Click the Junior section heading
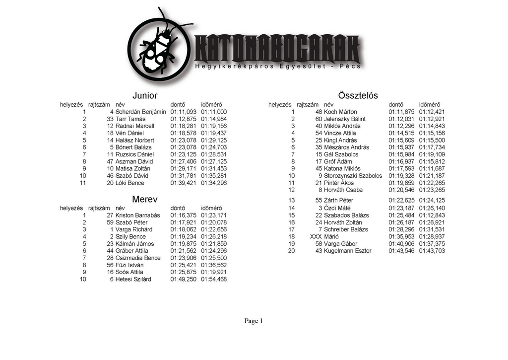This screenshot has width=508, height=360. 145,95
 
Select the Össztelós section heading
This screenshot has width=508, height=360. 358,95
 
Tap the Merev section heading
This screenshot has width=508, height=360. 145,200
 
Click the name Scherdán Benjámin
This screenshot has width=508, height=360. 140,112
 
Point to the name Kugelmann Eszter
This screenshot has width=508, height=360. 347,251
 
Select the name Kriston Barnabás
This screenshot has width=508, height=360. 137,216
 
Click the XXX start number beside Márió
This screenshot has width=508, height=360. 316,237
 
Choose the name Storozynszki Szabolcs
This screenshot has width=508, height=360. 353,176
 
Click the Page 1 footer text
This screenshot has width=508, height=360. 254,321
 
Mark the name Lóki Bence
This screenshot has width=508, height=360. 130,183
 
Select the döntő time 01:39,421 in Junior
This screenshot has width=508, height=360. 183,183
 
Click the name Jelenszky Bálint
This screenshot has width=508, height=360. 344,119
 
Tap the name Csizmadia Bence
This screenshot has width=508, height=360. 138,258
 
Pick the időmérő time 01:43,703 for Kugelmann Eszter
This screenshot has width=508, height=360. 432,251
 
